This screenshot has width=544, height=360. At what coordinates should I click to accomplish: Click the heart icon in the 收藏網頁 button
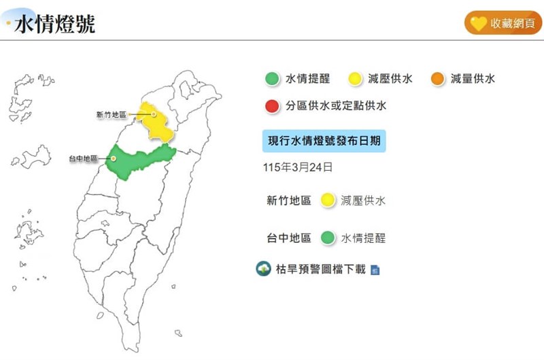pyautogui.click(x=478, y=23)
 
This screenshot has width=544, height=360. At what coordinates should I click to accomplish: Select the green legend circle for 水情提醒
pyautogui.click(x=272, y=79)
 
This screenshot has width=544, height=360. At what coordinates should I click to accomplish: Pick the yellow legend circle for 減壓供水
pyautogui.click(x=355, y=79)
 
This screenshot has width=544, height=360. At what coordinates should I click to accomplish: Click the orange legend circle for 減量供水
pyautogui.click(x=437, y=79)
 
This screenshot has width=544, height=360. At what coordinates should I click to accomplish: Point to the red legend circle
pyautogui.click(x=272, y=106)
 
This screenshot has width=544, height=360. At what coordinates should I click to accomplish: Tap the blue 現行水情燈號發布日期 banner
pyautogui.click(x=324, y=141)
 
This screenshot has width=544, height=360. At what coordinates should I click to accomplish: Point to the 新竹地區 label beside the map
pyautogui.click(x=112, y=115)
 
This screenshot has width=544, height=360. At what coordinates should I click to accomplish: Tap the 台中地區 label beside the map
pyautogui.click(x=84, y=159)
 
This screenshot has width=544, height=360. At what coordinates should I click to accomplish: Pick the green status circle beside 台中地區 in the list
pyautogui.click(x=328, y=238)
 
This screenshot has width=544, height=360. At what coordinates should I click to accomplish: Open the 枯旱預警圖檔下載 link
pyautogui.click(x=320, y=269)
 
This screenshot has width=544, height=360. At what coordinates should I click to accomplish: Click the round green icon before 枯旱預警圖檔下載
pyautogui.click(x=263, y=269)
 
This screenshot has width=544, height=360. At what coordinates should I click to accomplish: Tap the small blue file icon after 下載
pyautogui.click(x=375, y=270)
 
